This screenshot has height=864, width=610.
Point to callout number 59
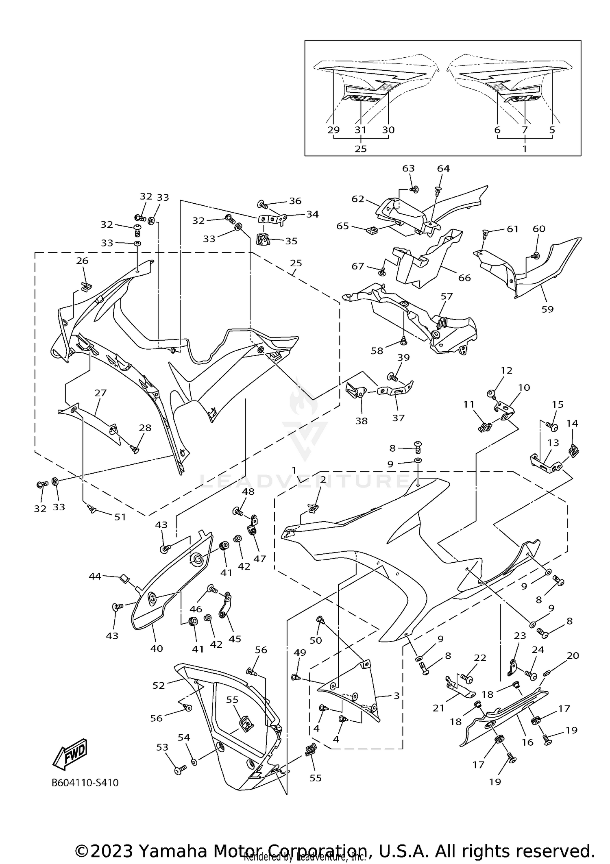pos(547,309)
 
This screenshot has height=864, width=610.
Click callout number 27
pos(100,393)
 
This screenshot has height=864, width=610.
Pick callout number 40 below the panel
pos(157,649)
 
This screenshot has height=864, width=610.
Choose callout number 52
pos(159,685)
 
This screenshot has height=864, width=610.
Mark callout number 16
pos(527,742)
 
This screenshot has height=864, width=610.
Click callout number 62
pos(358,199)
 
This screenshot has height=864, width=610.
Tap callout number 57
pos(447,296)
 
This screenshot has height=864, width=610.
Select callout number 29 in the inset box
pos(333,130)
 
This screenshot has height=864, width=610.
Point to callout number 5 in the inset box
pos(552,130)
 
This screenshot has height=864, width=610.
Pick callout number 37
pos(398,418)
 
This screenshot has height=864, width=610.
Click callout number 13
pos(553,442)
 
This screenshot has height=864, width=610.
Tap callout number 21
pos(438,708)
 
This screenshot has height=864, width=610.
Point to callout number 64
pos(443,168)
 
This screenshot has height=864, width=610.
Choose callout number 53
pos(162,747)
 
